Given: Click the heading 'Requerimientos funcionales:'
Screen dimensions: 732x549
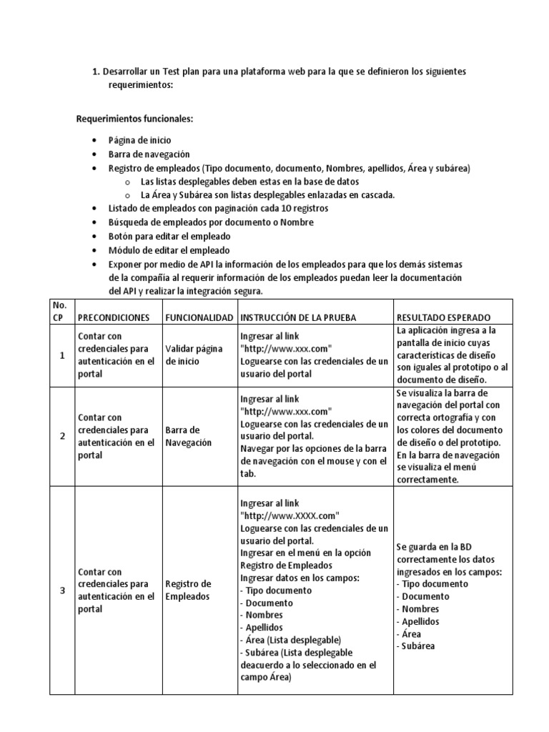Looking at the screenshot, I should [x=134, y=118].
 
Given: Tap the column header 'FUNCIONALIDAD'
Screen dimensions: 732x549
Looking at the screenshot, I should [x=199, y=317].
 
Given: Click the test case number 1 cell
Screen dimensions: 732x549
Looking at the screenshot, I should [x=61, y=355].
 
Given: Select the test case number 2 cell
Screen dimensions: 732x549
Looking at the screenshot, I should [x=61, y=436].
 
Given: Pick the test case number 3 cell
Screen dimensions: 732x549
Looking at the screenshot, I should [x=61, y=590].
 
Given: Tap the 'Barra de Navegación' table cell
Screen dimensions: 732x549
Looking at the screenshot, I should [x=189, y=436].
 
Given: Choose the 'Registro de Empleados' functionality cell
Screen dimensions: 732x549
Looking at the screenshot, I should [x=188, y=590].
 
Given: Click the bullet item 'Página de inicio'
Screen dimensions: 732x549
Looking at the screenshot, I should [x=139, y=141].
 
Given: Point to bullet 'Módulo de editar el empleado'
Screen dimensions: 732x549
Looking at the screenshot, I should [x=169, y=250].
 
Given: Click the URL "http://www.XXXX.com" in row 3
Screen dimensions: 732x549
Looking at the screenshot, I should [x=290, y=515].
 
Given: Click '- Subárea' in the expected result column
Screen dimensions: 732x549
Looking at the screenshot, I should [x=417, y=646].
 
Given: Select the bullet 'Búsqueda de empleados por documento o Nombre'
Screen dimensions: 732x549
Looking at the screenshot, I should [x=201, y=222].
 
